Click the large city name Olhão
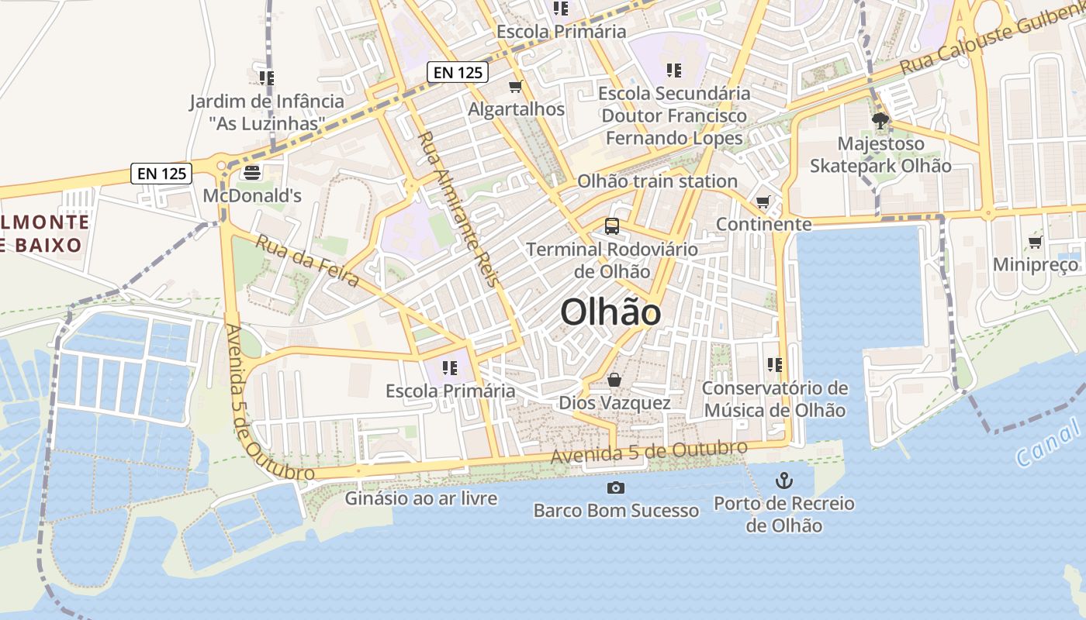coord(610,312)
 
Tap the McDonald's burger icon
coord(252,172)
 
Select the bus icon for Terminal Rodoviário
coord(612,226)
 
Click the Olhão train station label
coord(657,181)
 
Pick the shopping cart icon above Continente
coord(763,202)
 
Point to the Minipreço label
coord(1036,265)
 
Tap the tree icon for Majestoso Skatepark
coord(880,121)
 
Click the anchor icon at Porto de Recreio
coord(784,480)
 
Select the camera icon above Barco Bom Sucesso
coord(616,487)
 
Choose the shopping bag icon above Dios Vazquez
coord(614,380)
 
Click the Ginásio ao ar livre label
coord(421,498)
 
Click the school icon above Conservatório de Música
coord(774,364)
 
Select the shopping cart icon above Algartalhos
coord(516,86)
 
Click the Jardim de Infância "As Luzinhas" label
coord(267,112)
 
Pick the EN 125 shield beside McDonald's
coord(162,174)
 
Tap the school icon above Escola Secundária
coord(674,71)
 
